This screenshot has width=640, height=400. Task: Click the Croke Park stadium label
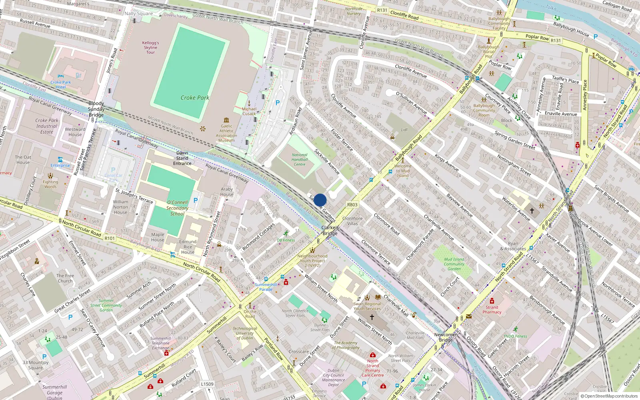click(x=195, y=98)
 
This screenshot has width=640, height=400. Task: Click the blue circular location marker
click(x=320, y=200)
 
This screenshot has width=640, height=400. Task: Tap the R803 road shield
click(x=352, y=204)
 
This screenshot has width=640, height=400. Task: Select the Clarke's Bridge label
click(x=330, y=230)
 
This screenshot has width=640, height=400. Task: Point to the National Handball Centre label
click(x=300, y=160)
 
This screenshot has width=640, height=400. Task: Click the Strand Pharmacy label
click(x=492, y=310)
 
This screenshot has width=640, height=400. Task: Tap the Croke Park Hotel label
click(x=61, y=84)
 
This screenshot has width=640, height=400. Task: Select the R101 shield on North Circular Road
click(x=109, y=238)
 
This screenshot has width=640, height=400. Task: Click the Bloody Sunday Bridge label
click(x=96, y=109)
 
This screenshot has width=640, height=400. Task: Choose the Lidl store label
click(x=404, y=130)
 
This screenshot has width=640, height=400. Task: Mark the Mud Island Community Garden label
click(x=454, y=264)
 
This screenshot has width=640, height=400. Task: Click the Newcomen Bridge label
click(x=446, y=337)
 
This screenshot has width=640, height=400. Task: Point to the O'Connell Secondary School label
click(x=177, y=208)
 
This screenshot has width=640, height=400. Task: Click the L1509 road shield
click(x=207, y=384)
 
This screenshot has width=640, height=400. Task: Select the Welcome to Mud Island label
click(x=403, y=171)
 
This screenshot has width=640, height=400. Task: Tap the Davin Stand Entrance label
click(x=182, y=158)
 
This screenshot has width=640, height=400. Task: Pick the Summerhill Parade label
click(x=266, y=287)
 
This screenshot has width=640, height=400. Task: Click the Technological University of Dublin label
click(x=245, y=333)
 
